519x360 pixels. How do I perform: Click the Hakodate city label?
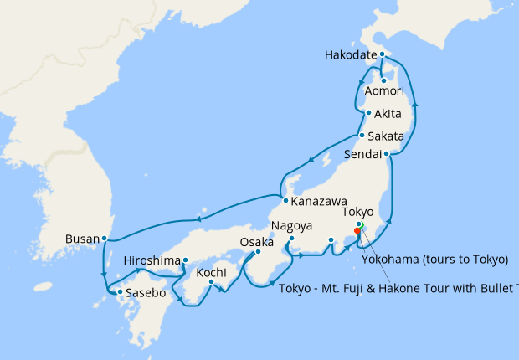click(350, 56)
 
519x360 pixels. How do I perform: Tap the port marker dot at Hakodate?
click(382, 55)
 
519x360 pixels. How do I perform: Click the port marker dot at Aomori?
click(383, 80)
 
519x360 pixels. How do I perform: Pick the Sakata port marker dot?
click(361, 136)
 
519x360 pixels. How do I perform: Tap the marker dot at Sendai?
click(386, 154)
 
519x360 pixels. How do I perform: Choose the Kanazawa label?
click(319, 202)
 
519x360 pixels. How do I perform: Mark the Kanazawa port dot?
click(285, 201)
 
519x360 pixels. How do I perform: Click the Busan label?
click(82, 239)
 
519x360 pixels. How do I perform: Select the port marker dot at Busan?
click(104, 239)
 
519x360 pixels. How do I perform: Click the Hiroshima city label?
click(152, 260)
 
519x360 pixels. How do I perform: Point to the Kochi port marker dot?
click(211, 281)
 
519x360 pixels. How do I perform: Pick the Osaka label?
click(257, 242)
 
